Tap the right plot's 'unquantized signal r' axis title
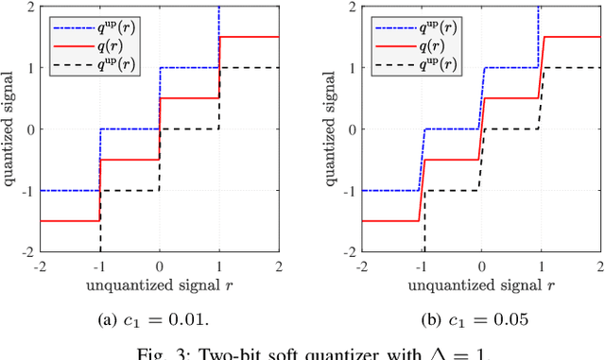coord(479,285)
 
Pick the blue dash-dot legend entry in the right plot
coord(396,25)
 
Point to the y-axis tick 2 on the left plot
coord(30,6)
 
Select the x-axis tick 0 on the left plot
coord(159,266)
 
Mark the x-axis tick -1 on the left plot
coord(99,266)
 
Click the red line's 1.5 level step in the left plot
coord(250,37)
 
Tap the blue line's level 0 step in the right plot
coord(451,129)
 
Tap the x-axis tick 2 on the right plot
coord(601,266)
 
